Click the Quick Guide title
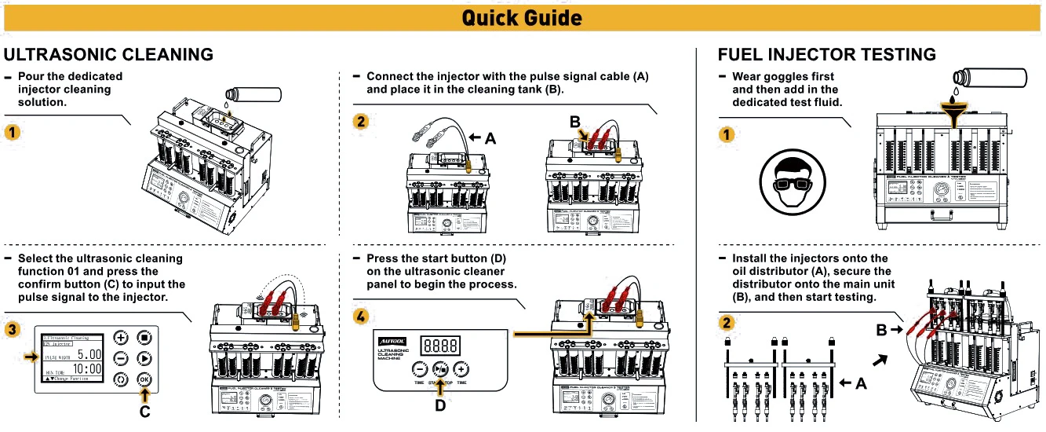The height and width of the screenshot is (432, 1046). coord(522,17)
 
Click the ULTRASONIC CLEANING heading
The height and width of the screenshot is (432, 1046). coord(108,54)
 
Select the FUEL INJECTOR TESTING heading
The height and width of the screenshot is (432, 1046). coord(826,54)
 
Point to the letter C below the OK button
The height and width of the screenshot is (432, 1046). coord(144,409)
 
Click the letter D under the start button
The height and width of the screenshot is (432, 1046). coord(440,406)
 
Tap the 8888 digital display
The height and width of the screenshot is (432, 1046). coord(439,346)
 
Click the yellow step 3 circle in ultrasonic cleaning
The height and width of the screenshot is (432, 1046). coord(13,328)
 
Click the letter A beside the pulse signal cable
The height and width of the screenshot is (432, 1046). coord(490,138)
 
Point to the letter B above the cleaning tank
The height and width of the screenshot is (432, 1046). coord(574,123)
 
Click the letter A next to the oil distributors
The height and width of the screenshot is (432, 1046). coord(861,383)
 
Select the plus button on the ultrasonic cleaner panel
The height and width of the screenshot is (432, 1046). coord(461,368)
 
